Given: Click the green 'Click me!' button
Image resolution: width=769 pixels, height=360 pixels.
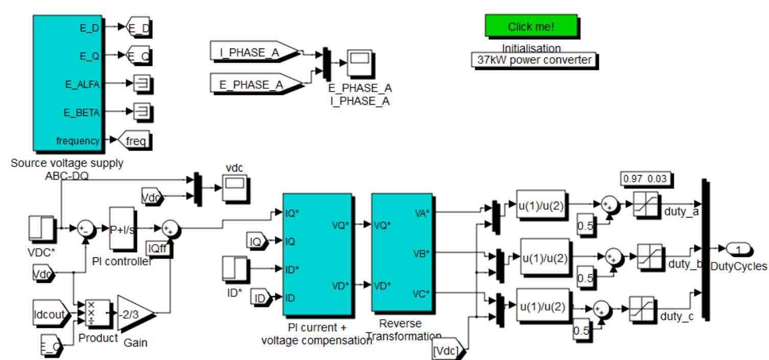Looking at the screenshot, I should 530,27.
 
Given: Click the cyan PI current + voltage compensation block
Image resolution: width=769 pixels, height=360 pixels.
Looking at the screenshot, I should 317,254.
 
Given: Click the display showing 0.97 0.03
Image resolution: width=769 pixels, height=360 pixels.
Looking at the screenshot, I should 645,179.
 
